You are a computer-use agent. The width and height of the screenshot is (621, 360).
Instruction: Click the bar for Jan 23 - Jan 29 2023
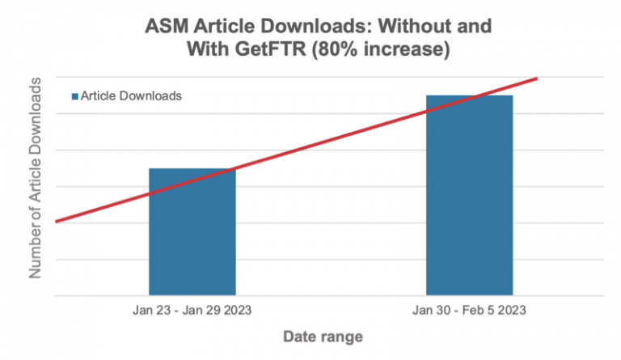coord(192,231)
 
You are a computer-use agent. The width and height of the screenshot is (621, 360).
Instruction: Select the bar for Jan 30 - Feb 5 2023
coord(469,195)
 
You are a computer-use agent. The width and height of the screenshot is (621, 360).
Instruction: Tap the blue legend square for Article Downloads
coord(74,95)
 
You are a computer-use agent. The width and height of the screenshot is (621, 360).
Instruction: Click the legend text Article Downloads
coord(130,95)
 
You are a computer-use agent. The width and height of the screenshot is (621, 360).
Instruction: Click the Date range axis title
coord(322,336)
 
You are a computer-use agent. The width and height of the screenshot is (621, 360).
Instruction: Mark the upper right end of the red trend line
coord(536,78)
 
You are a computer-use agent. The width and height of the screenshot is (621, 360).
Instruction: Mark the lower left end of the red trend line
coord(57,220)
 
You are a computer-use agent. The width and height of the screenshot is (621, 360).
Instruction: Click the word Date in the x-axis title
coord(299,336)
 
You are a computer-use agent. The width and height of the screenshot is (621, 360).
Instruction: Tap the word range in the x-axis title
coord(340,336)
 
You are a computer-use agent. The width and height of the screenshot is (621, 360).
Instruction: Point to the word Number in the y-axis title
coord(36,250)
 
